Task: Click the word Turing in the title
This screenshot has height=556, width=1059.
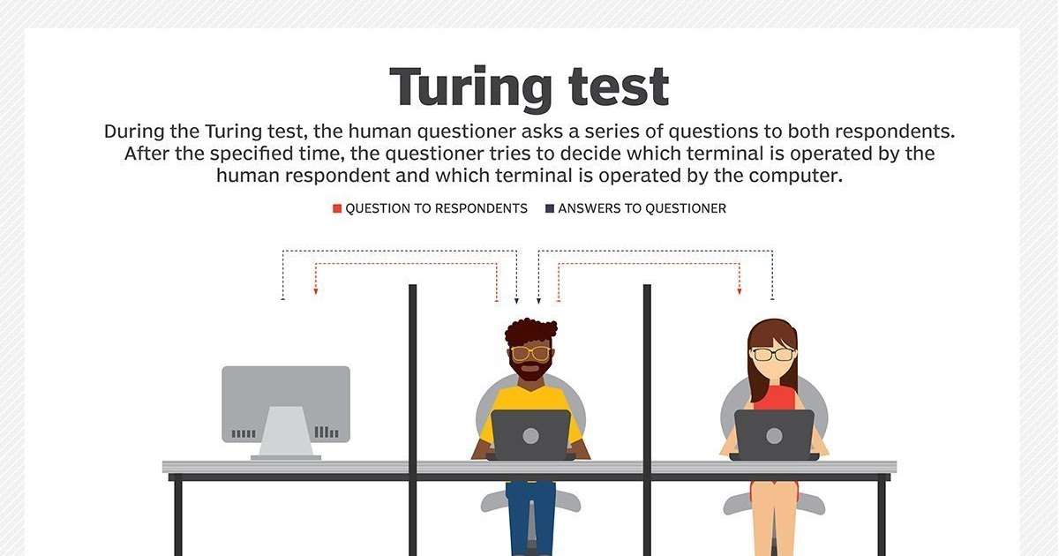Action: coord(469,88)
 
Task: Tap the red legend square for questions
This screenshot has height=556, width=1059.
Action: coord(337,209)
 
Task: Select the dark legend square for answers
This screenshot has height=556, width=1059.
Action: coord(550,209)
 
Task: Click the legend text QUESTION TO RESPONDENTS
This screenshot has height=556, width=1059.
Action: coord(436,209)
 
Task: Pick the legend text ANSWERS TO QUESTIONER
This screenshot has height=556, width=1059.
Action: coord(642,209)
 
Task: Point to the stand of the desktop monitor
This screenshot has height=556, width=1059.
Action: coord(285,432)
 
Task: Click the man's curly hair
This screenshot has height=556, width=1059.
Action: coord(530,332)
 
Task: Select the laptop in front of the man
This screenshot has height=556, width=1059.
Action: coord(530,434)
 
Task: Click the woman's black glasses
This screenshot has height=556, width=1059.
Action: coord(773,355)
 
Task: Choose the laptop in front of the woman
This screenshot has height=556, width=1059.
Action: coord(774,434)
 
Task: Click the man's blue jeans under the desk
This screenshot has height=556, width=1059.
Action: coord(530,516)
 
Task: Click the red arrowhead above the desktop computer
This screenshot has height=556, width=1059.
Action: coord(316,290)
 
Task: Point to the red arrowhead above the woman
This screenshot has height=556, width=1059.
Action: coord(740,290)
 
